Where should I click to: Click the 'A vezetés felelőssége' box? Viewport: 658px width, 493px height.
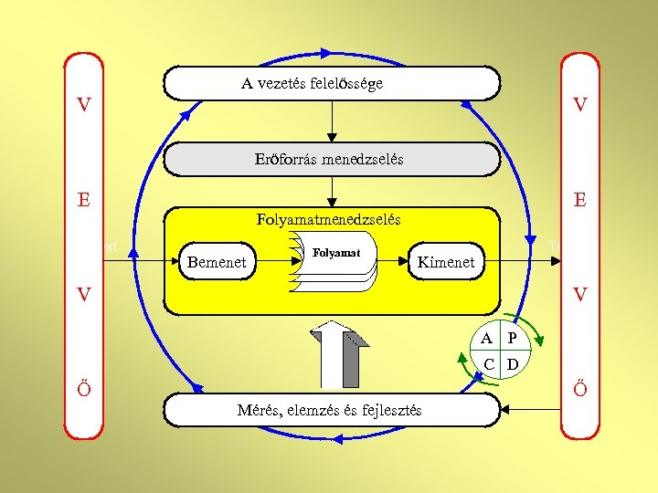(x=331, y=83)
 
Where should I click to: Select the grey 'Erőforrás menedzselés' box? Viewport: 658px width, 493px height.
(x=331, y=159)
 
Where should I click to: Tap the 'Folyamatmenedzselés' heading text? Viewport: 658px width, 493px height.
(x=329, y=220)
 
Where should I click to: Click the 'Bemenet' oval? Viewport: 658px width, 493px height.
(x=217, y=263)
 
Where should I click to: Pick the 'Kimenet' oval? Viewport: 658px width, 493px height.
(x=445, y=263)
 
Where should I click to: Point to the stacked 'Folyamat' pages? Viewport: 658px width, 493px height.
(x=337, y=260)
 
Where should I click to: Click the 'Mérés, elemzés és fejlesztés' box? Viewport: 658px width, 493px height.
(x=331, y=410)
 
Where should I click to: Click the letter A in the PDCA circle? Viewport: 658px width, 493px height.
(x=488, y=339)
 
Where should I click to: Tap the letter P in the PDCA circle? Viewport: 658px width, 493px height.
(x=512, y=339)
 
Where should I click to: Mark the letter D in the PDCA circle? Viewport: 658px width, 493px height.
(x=513, y=365)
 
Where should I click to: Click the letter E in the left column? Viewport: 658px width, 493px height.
(x=84, y=199)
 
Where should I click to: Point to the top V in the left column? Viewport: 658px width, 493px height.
(x=84, y=105)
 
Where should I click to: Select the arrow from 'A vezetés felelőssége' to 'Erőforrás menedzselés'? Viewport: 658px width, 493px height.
(x=332, y=120)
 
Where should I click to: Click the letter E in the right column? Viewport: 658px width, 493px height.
(x=579, y=199)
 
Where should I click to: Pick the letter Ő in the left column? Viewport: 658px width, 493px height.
(x=84, y=388)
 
